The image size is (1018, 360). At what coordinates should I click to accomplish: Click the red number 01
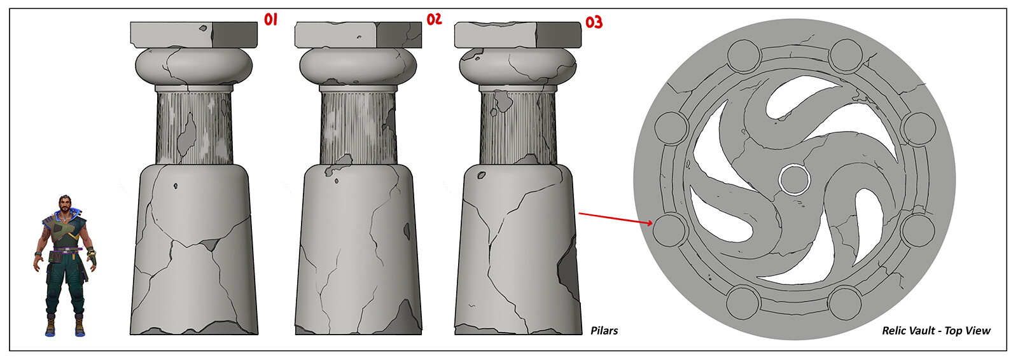pyautogui.click(x=271, y=20)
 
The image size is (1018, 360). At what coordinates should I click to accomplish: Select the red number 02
pyautogui.click(x=434, y=19)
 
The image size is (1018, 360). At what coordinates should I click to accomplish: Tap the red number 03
pyautogui.click(x=594, y=22)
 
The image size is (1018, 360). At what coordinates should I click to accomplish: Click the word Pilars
pyautogui.click(x=604, y=331)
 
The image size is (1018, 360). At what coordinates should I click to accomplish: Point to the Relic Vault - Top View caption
pyautogui.click(x=936, y=331)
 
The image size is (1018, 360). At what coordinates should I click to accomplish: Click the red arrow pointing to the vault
pyautogui.click(x=616, y=218)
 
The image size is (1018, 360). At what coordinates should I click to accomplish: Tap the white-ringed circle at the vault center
pyautogui.click(x=795, y=179)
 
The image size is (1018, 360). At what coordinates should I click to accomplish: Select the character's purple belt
pyautogui.click(x=67, y=249)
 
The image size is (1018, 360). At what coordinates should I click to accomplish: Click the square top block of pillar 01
pyautogui.click(x=194, y=34)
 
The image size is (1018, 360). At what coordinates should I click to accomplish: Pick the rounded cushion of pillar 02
pyautogui.click(x=358, y=66)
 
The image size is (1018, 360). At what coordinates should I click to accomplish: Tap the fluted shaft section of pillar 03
pyautogui.click(x=518, y=128)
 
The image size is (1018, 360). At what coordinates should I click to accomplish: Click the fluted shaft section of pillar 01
pyautogui.click(x=194, y=128)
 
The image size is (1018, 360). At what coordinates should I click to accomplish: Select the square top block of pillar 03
pyautogui.click(x=518, y=34)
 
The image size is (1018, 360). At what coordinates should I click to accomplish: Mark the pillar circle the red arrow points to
pyautogui.click(x=669, y=230)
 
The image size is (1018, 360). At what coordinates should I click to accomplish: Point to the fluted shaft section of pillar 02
pyautogui.click(x=358, y=128)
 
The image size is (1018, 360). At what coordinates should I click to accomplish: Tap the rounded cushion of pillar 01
pyautogui.click(x=194, y=66)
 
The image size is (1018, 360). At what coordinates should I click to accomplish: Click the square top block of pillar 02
pyautogui.click(x=358, y=34)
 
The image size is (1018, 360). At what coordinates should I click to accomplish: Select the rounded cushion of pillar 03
pyautogui.click(x=518, y=66)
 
